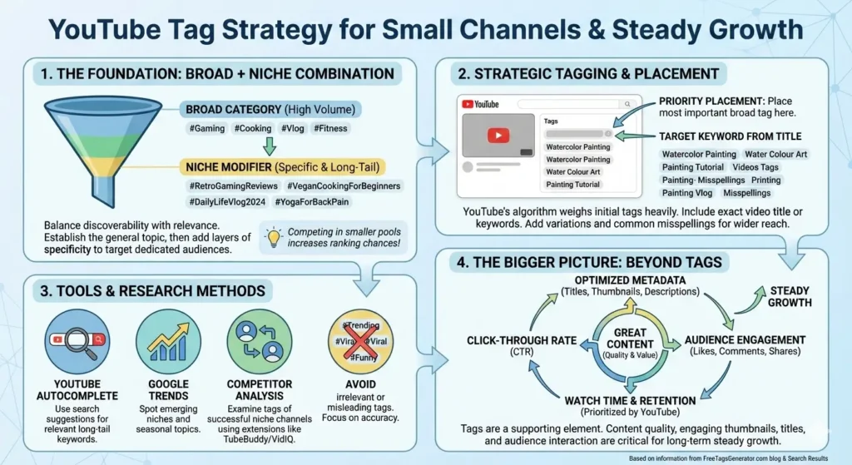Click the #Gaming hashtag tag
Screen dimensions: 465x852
[x=204, y=129]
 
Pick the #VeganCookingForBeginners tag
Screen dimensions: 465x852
[x=344, y=186]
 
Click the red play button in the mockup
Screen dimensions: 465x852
[x=498, y=136]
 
